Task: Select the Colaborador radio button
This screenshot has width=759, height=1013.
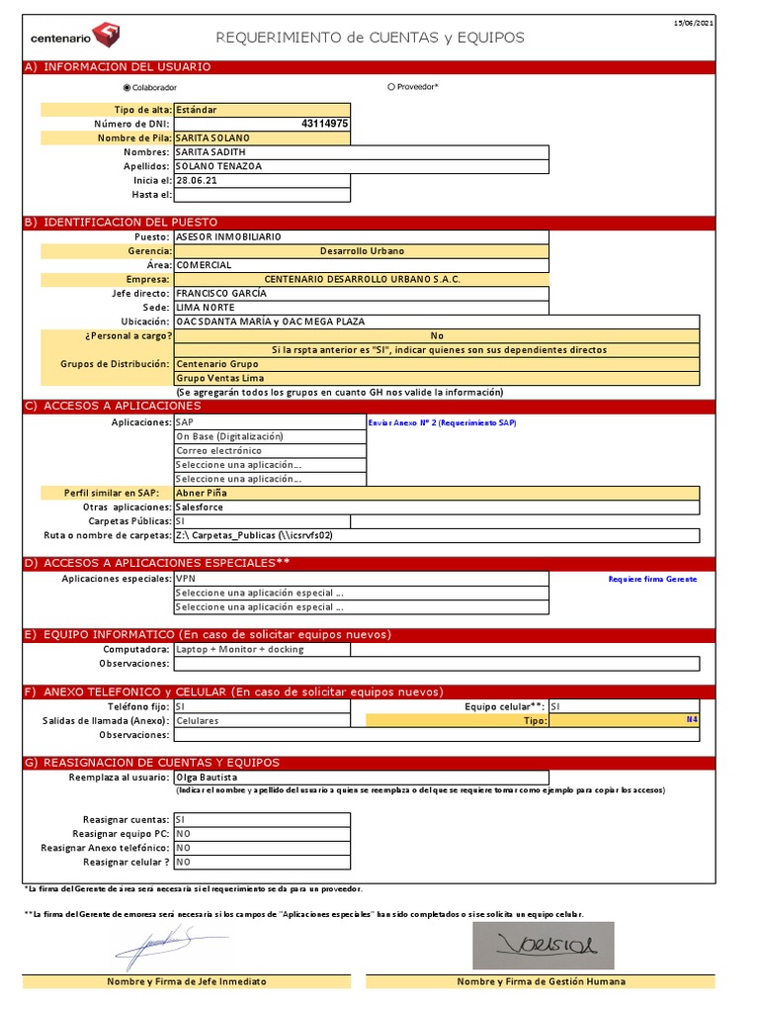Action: tap(126, 87)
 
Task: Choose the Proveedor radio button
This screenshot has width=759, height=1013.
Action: tap(391, 87)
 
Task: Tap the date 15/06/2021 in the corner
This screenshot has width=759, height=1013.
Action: tap(694, 22)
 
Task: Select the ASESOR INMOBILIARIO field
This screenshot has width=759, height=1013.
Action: tap(228, 237)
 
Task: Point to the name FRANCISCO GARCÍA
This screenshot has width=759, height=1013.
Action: tap(222, 294)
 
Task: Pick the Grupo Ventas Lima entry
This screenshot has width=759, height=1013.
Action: tap(214, 378)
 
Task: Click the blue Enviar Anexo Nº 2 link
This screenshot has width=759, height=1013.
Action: tap(441, 422)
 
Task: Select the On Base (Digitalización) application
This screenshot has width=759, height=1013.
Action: tap(229, 436)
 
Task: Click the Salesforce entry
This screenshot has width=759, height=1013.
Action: tap(200, 506)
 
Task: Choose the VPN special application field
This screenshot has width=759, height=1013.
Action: tap(186, 579)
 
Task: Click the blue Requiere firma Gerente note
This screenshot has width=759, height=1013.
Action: tap(652, 579)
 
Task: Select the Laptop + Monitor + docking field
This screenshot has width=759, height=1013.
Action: tap(239, 650)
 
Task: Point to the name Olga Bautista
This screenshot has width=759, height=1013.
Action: tap(207, 778)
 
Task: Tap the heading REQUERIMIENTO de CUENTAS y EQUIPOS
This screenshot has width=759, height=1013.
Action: tap(371, 38)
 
